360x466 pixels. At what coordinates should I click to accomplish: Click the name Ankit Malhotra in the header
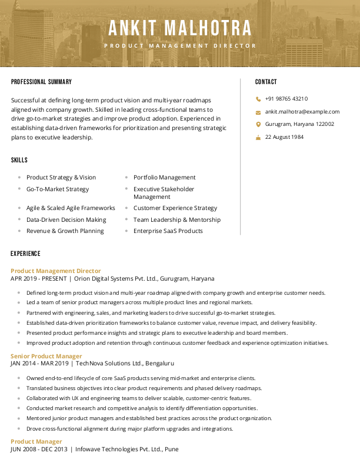coord(180,28)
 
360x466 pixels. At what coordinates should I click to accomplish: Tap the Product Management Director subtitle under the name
coord(180,46)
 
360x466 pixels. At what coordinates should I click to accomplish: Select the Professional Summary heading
coord(41,82)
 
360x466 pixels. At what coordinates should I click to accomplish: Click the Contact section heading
coord(266,82)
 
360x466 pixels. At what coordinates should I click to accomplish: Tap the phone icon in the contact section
coord(258,99)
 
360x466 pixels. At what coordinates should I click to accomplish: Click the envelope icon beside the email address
coord(258,112)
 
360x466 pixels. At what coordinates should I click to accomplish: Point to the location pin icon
coord(258,124)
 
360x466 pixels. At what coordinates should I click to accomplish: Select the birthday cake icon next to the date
coord(258,137)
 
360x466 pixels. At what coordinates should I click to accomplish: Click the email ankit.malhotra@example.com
coord(302,112)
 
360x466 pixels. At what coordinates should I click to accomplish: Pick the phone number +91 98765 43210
coord(286,99)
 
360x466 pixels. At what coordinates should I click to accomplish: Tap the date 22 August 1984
coord(284,137)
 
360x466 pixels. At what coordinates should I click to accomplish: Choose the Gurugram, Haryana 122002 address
coord(299,124)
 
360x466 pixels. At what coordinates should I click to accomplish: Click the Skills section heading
coord(19,160)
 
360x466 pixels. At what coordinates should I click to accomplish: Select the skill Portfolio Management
coord(164,178)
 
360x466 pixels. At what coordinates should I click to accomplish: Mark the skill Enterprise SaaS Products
coord(168,231)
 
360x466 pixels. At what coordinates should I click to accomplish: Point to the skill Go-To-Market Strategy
coord(58,189)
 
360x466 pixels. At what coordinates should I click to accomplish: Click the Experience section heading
coord(25,254)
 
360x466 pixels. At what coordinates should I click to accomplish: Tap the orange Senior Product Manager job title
coord(46,356)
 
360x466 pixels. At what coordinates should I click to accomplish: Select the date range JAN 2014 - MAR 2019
coord(38,364)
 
